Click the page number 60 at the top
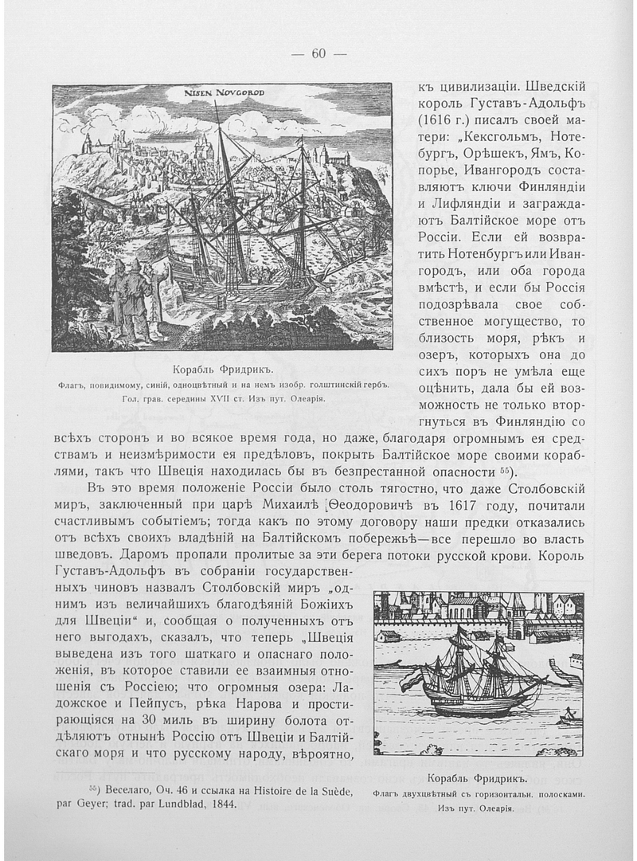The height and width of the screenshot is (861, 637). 318,55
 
